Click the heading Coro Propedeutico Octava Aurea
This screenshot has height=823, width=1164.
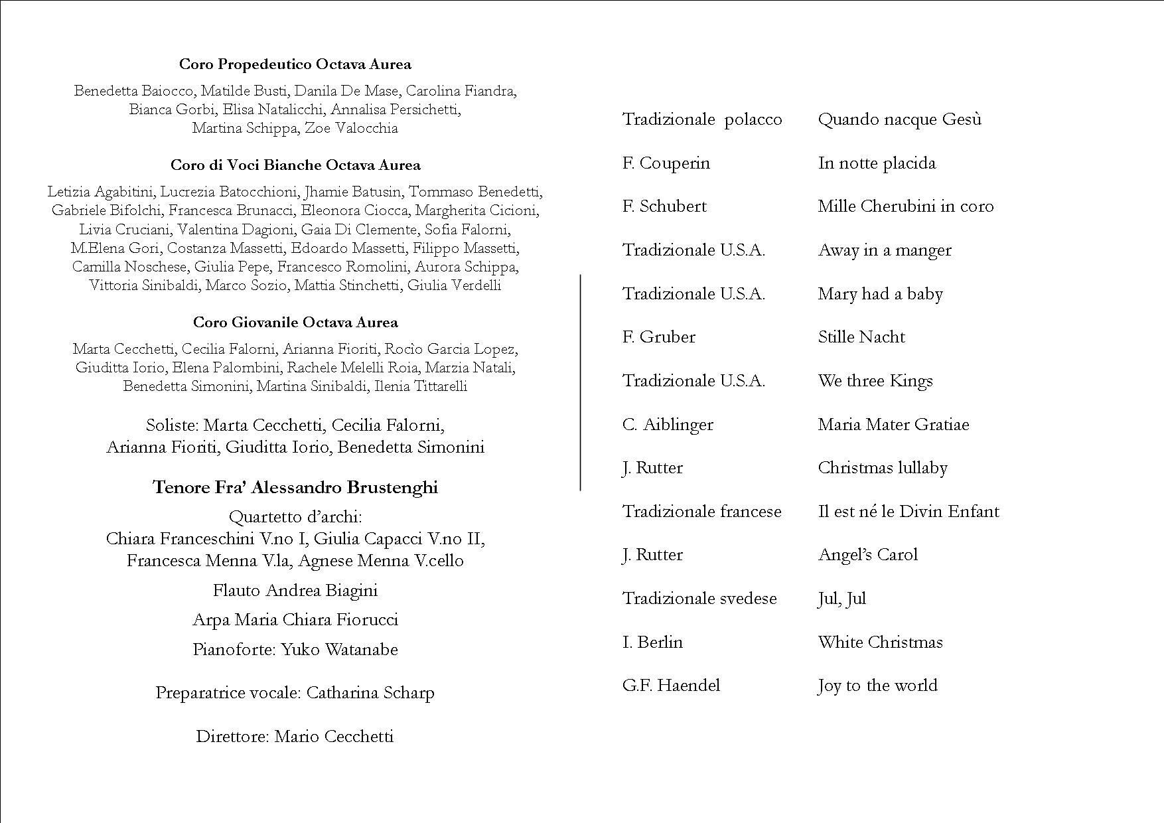pos(295,64)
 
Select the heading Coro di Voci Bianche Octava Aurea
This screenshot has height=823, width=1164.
pos(295,165)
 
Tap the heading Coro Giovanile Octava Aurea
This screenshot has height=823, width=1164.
pos(295,323)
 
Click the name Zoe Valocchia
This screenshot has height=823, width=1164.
pos(351,128)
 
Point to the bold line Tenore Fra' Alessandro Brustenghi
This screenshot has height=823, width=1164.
pos(295,488)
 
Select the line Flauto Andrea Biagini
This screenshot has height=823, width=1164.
pos(295,591)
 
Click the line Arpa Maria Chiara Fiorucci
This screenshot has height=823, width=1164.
pos(295,620)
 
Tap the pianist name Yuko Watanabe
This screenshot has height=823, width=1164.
pos(339,649)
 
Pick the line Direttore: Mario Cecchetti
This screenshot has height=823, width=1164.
pos(295,737)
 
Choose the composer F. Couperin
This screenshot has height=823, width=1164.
pos(666,163)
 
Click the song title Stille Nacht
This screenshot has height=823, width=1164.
pos(861,337)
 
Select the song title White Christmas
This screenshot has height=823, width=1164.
pos(880,642)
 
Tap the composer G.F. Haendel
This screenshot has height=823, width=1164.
pos(671,686)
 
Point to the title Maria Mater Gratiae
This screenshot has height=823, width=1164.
pos(893,425)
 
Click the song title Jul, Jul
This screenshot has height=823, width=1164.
pos(842,599)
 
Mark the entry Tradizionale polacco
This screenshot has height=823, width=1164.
pos(702,119)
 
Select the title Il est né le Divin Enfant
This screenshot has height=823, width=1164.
pos(909,512)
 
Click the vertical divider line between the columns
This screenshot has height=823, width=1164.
pos(581,382)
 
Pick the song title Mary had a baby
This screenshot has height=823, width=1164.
pos(880,294)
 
